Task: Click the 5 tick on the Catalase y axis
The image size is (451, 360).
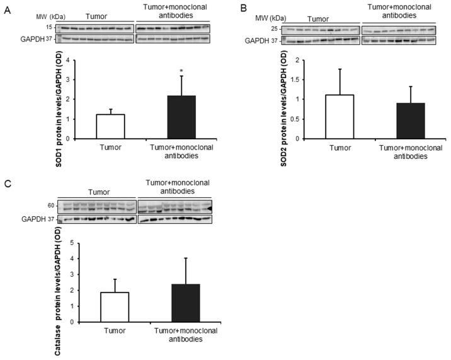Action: [75, 243]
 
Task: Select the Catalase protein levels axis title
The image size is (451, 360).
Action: [58, 282]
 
